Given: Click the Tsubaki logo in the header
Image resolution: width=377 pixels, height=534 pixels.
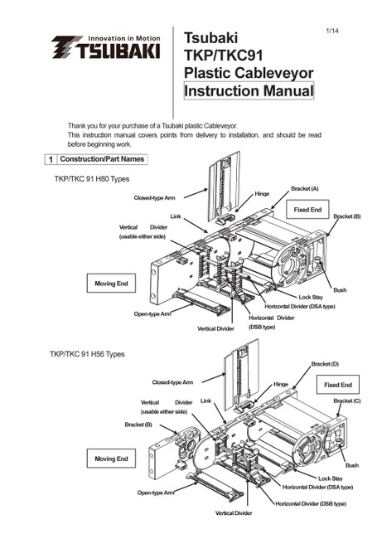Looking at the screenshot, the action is (x=106, y=47).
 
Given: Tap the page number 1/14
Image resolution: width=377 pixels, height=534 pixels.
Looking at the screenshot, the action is (x=332, y=31).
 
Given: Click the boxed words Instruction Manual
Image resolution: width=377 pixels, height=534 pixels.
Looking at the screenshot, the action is (x=249, y=91).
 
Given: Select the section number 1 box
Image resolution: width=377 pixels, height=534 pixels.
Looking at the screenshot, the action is (x=51, y=159).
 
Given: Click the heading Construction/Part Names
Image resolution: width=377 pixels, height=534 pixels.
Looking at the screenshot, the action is (x=102, y=159).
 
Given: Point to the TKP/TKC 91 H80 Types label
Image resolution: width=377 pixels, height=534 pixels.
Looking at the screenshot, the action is (x=92, y=179).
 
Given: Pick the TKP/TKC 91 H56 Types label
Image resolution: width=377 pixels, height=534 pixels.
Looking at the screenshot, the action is (x=87, y=354).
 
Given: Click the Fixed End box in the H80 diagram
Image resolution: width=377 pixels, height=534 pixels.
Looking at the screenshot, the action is (x=307, y=210).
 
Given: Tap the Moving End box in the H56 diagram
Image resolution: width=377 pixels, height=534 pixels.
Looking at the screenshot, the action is (x=111, y=459).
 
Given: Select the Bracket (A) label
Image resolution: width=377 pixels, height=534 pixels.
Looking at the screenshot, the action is (x=305, y=189).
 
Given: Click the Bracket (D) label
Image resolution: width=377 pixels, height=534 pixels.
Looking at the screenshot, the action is (x=325, y=364).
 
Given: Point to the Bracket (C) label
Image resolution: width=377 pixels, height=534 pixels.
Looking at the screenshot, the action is (x=346, y=400).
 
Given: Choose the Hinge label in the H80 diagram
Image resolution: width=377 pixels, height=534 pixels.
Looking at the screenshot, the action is (x=262, y=194).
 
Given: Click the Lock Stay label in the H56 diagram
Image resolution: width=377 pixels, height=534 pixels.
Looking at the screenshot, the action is (x=331, y=478).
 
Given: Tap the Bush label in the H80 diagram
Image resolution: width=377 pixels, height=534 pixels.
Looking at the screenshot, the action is (x=340, y=290).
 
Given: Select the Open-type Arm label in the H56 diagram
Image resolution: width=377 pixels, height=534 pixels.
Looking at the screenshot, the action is (x=156, y=493).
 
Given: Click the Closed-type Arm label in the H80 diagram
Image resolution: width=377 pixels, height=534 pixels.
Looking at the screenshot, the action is (x=154, y=198).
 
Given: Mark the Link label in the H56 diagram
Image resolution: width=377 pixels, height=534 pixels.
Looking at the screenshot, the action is (x=205, y=400).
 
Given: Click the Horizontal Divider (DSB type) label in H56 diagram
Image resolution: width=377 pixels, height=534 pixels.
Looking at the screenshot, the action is (x=311, y=503).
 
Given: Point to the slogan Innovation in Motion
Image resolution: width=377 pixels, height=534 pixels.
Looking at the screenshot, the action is (x=123, y=38).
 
